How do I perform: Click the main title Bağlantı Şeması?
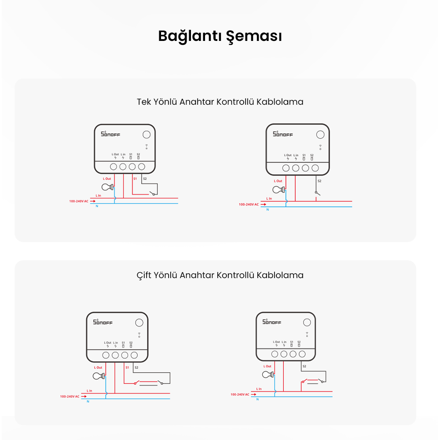220,37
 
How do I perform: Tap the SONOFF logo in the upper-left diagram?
110,134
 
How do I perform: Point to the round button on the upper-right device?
321,135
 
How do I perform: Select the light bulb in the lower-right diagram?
268,374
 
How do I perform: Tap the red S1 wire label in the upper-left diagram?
135,179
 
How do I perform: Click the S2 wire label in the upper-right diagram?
319,181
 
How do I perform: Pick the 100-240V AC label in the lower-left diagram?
70,396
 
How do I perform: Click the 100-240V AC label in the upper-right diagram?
248,205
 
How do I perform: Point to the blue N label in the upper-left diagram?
97,206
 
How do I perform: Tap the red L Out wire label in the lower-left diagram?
98,367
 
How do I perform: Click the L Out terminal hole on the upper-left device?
113,167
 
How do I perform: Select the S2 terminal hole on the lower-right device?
302,354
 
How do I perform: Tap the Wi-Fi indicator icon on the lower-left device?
139,334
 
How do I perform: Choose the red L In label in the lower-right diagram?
259,389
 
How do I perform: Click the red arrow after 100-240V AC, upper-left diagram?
92,201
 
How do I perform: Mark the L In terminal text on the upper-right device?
296,155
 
